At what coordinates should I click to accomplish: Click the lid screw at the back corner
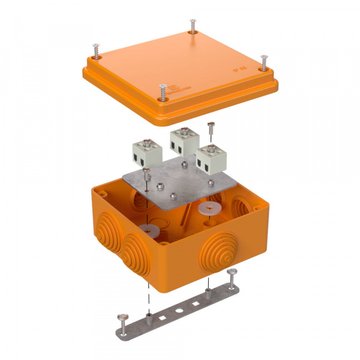[x=192, y=26]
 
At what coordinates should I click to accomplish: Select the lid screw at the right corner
[x=263, y=62]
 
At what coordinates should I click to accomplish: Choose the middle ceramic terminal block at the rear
[x=182, y=141]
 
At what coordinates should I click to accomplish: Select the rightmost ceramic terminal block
[x=209, y=160]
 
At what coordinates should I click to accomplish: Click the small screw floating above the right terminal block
[x=210, y=127]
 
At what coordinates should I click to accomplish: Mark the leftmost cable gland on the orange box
[x=103, y=236]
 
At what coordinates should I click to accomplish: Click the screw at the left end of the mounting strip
[x=124, y=319]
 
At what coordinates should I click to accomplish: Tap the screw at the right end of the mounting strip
[x=232, y=275]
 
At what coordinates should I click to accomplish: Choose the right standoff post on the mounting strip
[x=208, y=293]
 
